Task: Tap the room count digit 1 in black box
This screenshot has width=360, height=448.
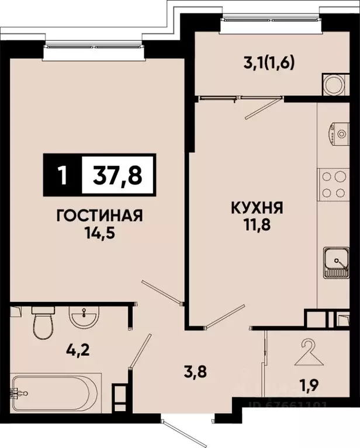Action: [63, 175]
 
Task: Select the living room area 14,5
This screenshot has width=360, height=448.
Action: [99, 234]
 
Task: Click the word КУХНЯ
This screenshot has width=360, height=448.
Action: [256, 207]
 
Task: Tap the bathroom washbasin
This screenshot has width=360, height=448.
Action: [84, 319]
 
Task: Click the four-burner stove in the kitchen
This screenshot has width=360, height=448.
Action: [333, 184]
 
